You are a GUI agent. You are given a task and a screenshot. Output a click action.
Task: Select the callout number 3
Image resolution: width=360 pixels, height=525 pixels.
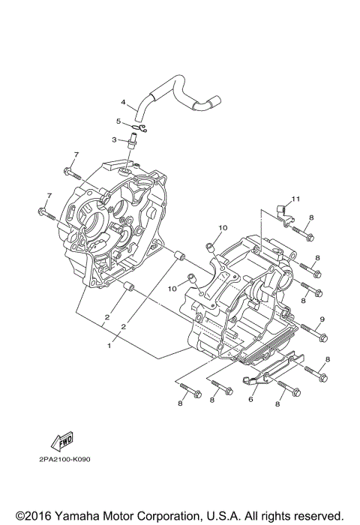pyautogui.click(x=114, y=139)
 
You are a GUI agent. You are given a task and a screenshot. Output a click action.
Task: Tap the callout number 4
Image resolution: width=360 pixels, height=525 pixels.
pyautogui.click(x=123, y=102)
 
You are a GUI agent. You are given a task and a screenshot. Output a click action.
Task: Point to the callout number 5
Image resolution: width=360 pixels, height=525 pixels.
pyautogui.click(x=118, y=121)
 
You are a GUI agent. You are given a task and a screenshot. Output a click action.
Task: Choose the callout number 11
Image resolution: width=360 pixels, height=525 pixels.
pyautogui.click(x=295, y=198)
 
